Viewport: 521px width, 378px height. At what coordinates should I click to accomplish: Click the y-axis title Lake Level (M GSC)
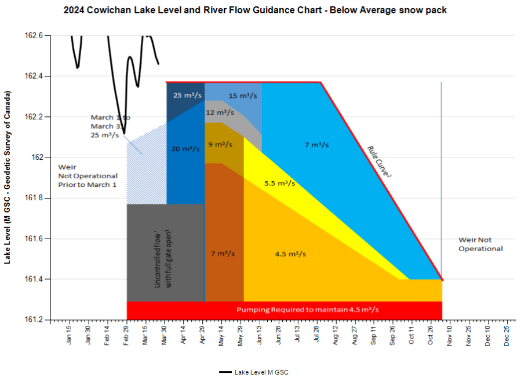coord(8,177)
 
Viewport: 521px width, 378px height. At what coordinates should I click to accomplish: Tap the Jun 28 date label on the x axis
coord(279,337)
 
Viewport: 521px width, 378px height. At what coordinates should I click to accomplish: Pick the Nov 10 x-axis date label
coord(450,337)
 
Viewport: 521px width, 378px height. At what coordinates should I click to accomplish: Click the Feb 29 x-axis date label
coord(127,337)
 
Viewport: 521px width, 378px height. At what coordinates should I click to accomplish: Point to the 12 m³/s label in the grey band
coord(220,112)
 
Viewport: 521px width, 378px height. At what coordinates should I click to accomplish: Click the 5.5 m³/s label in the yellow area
coord(279,184)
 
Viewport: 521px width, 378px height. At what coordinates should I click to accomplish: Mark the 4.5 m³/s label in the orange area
coord(290,254)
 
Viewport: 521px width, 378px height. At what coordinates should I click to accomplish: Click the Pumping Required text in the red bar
coord(307,310)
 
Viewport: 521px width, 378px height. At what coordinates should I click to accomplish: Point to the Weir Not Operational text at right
coord(480,244)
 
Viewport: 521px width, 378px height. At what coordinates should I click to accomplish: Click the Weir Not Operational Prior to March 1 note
coord(88,175)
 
